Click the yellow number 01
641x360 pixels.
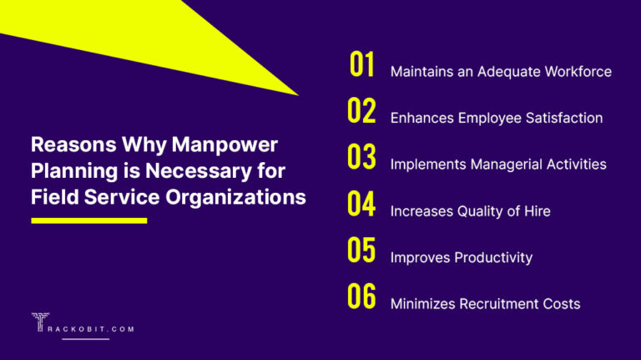(x=361, y=65)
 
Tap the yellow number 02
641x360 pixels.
(x=361, y=112)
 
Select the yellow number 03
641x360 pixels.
(x=361, y=159)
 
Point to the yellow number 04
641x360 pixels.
(x=361, y=205)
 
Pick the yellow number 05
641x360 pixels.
(x=361, y=251)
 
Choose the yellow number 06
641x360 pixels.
(x=361, y=297)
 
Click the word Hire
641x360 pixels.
(x=536, y=211)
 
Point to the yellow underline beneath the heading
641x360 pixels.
(x=88, y=221)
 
